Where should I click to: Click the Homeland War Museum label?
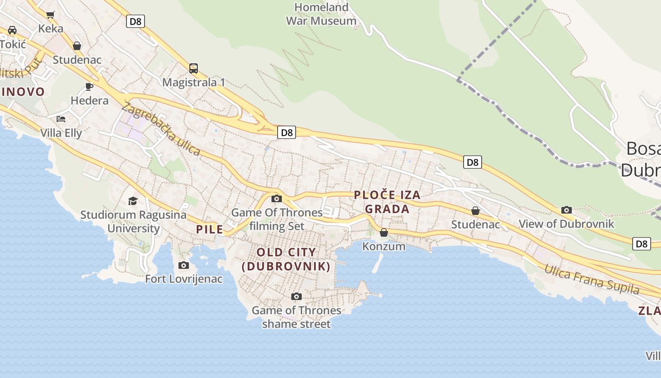(321, 14)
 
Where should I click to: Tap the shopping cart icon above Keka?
(51, 15)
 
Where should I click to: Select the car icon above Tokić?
(12, 30)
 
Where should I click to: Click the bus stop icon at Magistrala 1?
(194, 68)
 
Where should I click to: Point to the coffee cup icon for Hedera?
(89, 86)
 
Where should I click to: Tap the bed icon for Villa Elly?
(61, 119)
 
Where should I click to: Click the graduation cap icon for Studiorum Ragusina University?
(133, 201)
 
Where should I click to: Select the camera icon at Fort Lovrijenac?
(184, 265)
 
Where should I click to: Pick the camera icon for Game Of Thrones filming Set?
(277, 198)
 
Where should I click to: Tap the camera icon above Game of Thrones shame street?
(296, 296)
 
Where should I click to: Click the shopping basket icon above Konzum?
(384, 232)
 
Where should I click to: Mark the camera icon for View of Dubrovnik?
(566, 210)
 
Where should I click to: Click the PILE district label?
(209, 230)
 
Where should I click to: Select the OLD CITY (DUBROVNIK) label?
(286, 259)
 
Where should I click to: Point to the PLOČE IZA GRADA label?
(387, 202)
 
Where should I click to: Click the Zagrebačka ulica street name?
(161, 129)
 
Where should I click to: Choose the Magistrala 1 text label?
(194, 82)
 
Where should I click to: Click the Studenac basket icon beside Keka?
(77, 46)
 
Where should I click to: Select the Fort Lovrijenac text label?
(184, 279)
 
